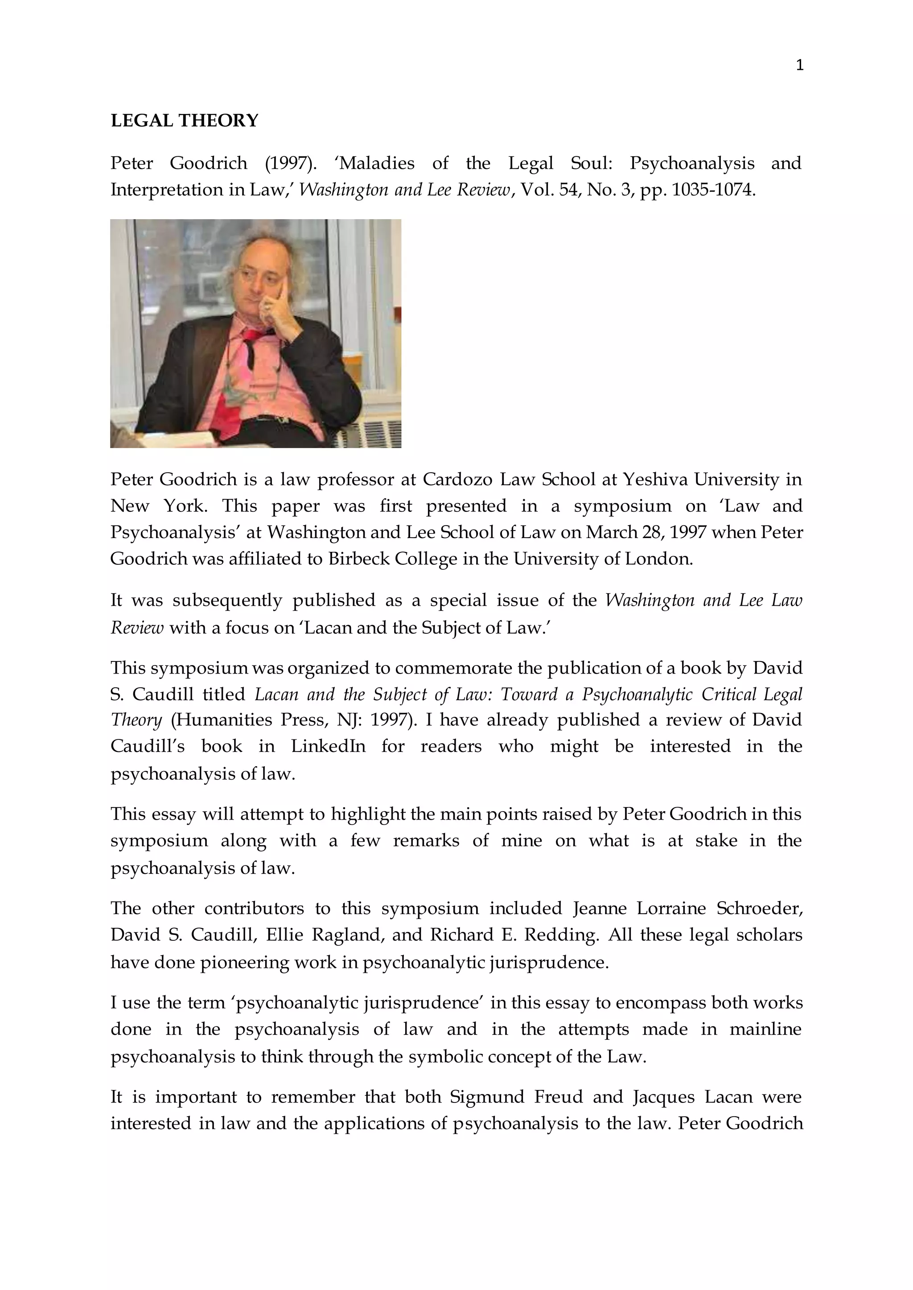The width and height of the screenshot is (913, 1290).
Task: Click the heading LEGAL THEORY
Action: pyautogui.click(x=185, y=120)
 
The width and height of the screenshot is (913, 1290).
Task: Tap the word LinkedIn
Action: pyautogui.click(x=328, y=746)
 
